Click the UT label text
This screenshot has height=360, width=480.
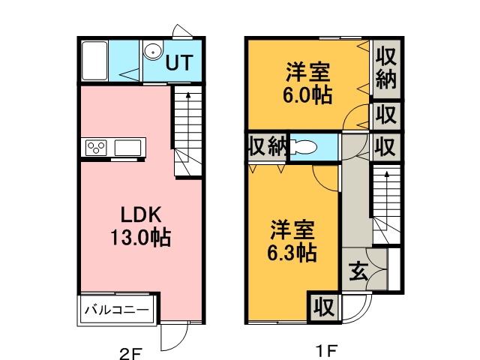(179, 62)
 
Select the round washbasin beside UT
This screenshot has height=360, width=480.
(153, 52)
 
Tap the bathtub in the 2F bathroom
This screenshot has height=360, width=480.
(94, 61)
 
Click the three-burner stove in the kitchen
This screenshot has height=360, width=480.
(96, 148)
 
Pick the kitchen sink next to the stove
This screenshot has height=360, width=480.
(128, 148)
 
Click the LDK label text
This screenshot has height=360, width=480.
(141, 214)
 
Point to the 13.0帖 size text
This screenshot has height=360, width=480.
(140, 237)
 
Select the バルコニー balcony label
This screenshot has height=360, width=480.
(117, 310)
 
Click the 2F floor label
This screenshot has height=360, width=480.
(130, 355)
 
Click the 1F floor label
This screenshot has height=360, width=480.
(327, 351)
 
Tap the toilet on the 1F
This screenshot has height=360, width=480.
(303, 148)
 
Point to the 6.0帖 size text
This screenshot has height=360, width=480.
(307, 95)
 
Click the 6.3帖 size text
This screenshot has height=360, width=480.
(292, 253)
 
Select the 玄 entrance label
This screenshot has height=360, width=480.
(358, 271)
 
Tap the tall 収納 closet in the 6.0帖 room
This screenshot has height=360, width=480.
(386, 68)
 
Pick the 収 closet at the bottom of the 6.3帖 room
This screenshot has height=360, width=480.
(324, 307)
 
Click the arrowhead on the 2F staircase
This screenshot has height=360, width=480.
(188, 94)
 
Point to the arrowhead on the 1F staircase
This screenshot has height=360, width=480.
(387, 174)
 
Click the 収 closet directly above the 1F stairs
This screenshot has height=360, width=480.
(386, 147)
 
